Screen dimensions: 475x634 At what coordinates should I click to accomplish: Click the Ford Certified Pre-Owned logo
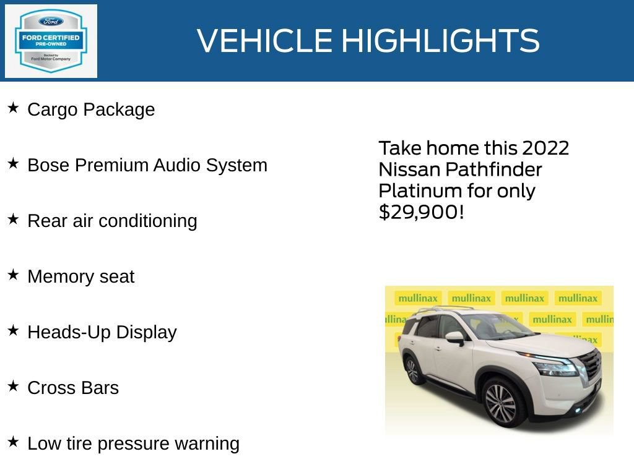coord(51,41)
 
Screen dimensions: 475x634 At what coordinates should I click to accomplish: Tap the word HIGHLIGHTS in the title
coord(440,41)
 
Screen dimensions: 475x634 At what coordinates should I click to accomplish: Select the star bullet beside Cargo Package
coord(13,108)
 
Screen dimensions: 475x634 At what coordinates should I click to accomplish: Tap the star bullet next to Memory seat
coord(13,275)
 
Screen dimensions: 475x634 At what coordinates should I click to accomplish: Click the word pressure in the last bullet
coord(134,444)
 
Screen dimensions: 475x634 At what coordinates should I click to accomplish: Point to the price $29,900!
coord(421,212)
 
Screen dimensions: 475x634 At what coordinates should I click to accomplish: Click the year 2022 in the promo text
coord(545,148)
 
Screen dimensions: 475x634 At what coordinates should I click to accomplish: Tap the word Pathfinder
coord(493,169)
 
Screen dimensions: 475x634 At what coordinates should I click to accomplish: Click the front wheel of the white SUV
coord(500,403)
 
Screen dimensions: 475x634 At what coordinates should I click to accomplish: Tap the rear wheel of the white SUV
coord(412,369)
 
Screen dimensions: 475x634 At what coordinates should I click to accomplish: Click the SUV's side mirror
coord(455,338)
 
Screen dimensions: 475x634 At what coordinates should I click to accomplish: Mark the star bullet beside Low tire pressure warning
coord(13,442)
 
